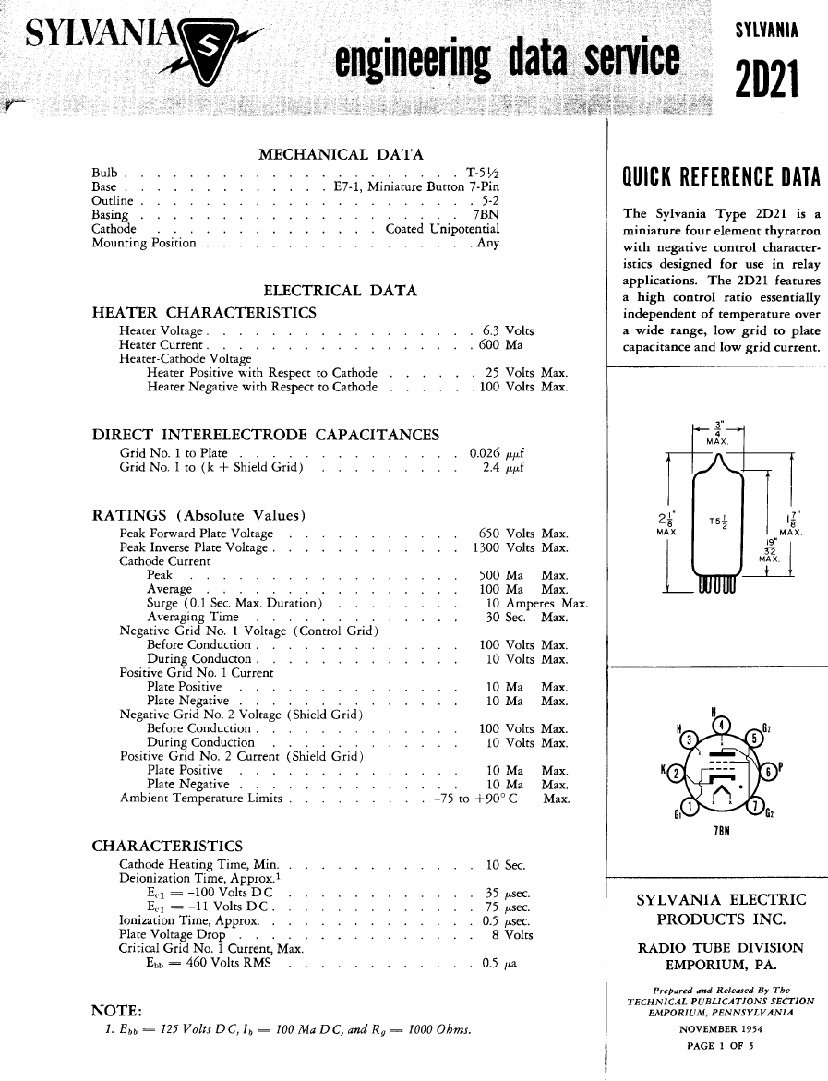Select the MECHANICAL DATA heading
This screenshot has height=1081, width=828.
pos(341,155)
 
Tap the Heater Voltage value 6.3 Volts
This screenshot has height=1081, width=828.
pos(508,330)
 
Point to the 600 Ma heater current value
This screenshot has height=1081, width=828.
pos(500,345)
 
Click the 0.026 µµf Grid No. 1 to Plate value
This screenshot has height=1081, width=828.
pos(497,453)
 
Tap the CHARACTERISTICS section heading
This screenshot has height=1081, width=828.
pos(167,846)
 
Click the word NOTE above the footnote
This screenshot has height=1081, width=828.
pos(116,1010)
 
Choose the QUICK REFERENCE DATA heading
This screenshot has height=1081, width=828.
pos(722,176)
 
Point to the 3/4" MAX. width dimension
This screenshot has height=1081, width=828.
pos(718,432)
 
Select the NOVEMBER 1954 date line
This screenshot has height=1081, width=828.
pos(720,1028)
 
